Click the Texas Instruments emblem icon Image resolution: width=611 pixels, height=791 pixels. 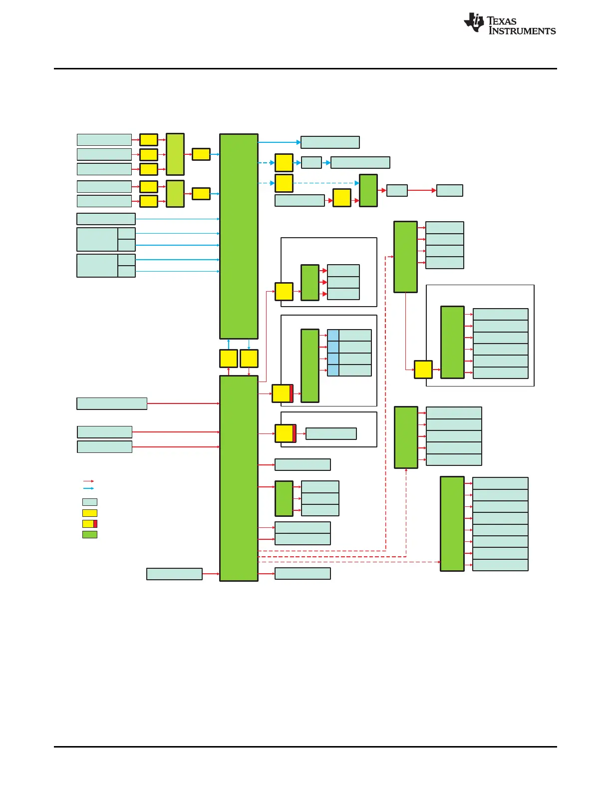[474, 23]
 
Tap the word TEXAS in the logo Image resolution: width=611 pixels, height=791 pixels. [502, 21]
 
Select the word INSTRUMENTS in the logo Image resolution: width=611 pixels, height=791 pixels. [522, 31]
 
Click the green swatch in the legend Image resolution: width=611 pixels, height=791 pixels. [90, 534]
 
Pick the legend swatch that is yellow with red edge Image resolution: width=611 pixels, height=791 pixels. [90, 524]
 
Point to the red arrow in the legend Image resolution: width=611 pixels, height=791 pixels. [88, 481]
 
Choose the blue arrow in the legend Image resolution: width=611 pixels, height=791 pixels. [88, 488]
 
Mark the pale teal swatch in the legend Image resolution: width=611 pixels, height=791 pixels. [90, 502]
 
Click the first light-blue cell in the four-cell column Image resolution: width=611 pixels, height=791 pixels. [333, 336]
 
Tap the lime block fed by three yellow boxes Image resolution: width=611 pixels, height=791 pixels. [175, 154]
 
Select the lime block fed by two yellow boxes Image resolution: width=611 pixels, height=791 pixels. [175, 194]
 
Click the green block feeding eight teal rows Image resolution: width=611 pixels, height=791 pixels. [452, 523]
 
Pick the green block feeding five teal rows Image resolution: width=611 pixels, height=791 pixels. [406, 437]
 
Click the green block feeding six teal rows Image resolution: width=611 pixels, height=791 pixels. [453, 343]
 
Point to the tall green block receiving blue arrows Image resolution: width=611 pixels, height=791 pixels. [239, 236]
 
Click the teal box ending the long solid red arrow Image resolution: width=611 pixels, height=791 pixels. [450, 190]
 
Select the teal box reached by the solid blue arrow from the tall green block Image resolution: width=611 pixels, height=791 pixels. [330, 142]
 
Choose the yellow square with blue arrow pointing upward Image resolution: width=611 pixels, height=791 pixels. [229, 359]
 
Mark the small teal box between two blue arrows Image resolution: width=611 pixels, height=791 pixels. [311, 163]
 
